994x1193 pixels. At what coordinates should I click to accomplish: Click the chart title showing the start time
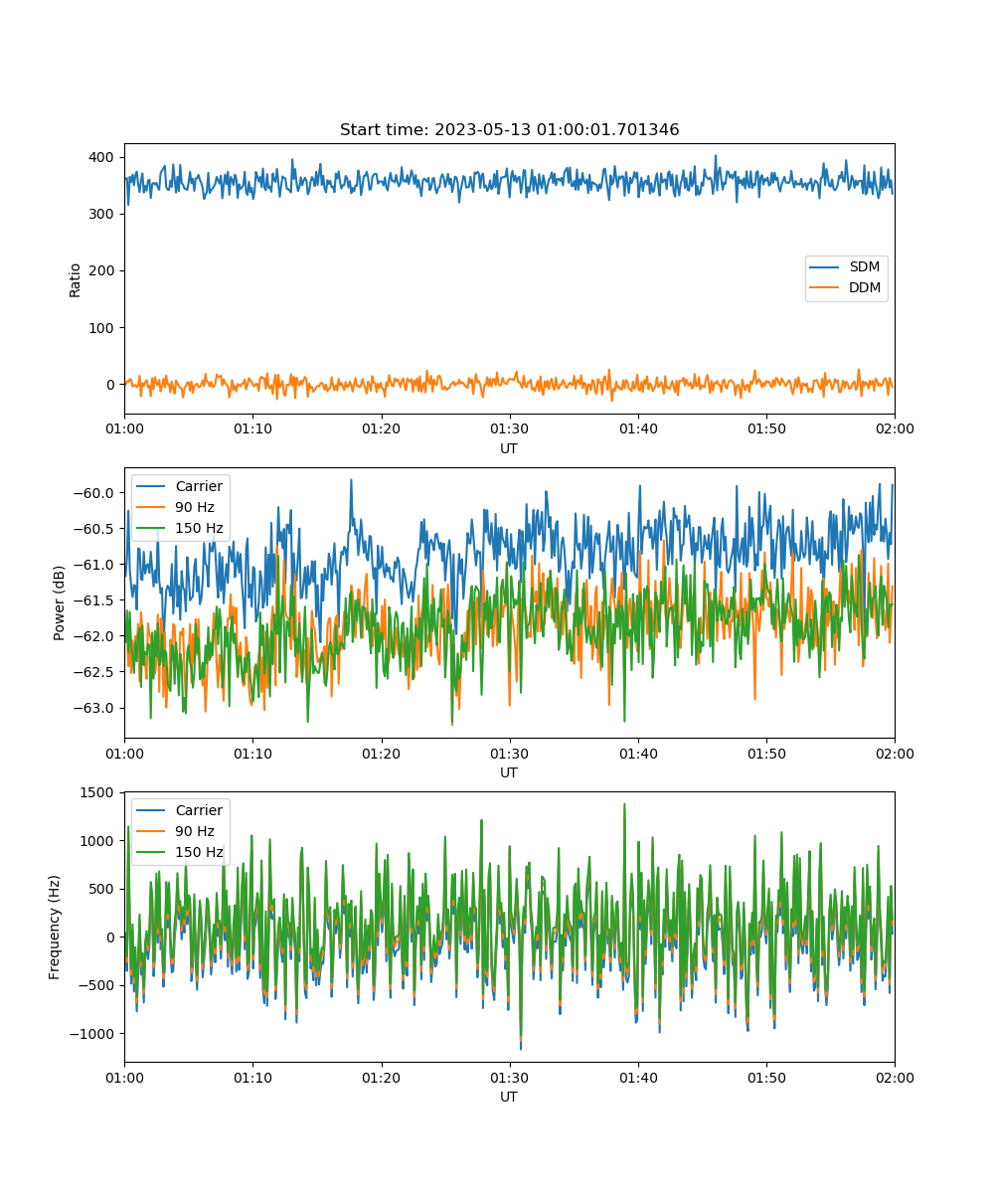point(509,129)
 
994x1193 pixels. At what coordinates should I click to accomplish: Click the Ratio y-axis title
point(75,280)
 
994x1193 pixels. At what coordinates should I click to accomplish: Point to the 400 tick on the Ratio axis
point(101,157)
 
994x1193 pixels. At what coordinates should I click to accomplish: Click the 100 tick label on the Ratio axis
point(101,328)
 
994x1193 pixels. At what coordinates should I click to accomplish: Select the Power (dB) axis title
point(59,603)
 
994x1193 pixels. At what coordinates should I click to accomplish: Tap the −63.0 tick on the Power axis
point(93,708)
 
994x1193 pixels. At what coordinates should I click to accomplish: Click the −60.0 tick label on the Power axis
point(93,493)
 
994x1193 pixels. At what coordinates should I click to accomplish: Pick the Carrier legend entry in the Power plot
point(179,486)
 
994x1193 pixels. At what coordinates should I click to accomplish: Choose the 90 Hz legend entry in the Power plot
point(175,507)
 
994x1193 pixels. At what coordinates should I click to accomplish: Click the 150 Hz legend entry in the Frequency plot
point(179,852)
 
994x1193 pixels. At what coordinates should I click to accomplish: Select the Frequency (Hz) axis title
point(55,928)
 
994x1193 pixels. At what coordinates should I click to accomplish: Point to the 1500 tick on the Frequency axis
point(96,792)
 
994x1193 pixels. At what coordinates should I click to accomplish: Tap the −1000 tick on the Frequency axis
point(92,1034)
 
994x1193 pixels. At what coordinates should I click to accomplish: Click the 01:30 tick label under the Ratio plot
point(510,428)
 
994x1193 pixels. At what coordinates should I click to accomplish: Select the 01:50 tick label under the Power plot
point(766,754)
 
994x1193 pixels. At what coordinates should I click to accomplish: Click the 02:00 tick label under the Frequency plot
point(895,1078)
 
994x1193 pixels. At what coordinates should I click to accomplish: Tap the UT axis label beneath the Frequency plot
point(508,1097)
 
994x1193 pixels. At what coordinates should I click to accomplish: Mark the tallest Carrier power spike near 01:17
point(351,480)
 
